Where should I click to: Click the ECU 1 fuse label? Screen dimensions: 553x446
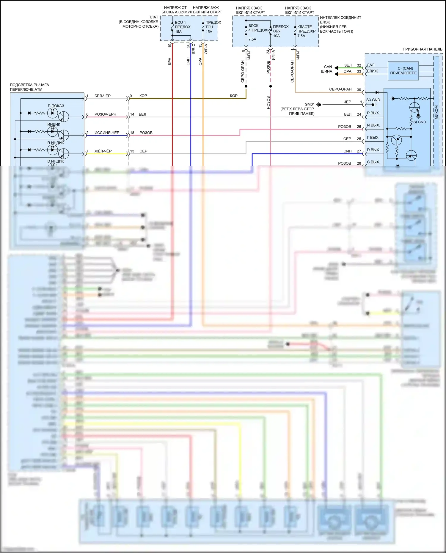click(x=180, y=23)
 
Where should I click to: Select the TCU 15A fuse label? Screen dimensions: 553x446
click(x=209, y=27)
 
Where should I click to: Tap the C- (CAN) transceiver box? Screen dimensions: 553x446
click(x=403, y=71)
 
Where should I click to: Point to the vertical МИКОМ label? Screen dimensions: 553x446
click(x=436, y=112)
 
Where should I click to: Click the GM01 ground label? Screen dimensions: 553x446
click(x=310, y=104)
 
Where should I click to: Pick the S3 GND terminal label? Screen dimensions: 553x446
click(x=373, y=100)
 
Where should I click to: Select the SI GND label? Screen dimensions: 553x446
click(x=420, y=122)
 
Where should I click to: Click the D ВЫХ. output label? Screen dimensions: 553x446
click(x=373, y=150)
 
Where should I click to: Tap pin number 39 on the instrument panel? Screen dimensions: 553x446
click(x=359, y=90)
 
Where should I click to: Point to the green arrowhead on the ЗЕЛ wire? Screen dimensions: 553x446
click(x=336, y=68)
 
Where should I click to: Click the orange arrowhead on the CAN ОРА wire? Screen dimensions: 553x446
click(x=336, y=74)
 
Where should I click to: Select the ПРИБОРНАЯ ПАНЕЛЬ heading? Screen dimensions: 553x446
click(x=422, y=49)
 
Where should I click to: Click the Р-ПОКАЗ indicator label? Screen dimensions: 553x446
click(x=56, y=106)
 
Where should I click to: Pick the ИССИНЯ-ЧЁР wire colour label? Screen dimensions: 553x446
click(x=107, y=133)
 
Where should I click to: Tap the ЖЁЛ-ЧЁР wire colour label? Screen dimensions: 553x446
click(x=103, y=151)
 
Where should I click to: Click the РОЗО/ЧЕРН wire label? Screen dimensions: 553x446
click(x=105, y=114)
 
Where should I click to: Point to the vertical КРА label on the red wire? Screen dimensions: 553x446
click(x=169, y=61)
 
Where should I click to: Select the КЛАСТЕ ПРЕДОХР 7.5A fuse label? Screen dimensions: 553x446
click(x=306, y=31)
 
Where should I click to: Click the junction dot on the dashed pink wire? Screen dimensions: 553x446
click(x=271, y=86)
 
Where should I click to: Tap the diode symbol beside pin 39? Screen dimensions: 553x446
click(x=377, y=93)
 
